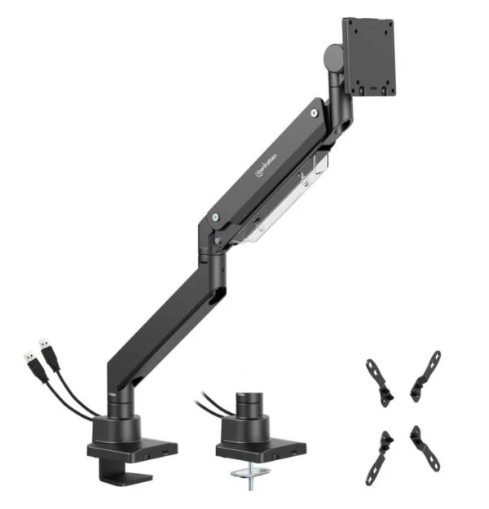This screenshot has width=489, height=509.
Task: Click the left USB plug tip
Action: point(29,358)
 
